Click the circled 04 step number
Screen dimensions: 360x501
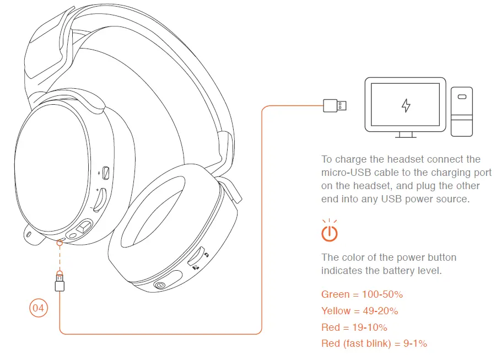pyautogui.click(x=38, y=308)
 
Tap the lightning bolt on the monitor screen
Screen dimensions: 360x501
pyautogui.click(x=406, y=105)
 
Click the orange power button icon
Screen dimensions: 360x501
pyautogui.click(x=329, y=232)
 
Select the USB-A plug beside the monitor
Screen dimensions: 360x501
pyautogui.click(x=335, y=105)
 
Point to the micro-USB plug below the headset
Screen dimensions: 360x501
pyautogui.click(x=60, y=282)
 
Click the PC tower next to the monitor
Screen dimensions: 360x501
pyautogui.click(x=461, y=111)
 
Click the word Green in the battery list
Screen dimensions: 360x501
pyautogui.click(x=335, y=294)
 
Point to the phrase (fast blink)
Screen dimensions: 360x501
pyautogui.click(x=370, y=343)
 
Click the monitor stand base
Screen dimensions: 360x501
pyautogui.click(x=406, y=135)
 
